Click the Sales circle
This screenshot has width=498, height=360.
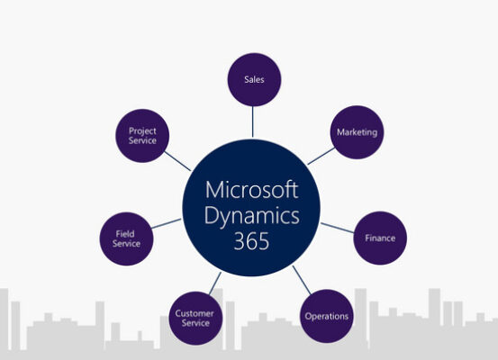pyautogui.click(x=254, y=80)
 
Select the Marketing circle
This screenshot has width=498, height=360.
pyautogui.click(x=357, y=132)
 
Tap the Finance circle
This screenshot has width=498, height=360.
pyautogui.click(x=380, y=238)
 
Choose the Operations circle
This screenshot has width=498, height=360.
pyautogui.click(x=327, y=316)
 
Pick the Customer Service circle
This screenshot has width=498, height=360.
pyautogui.click(x=195, y=318)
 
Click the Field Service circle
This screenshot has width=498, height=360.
pyautogui.click(x=126, y=238)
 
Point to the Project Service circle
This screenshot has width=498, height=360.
pyautogui.click(x=142, y=136)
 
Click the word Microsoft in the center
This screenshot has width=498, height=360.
pyautogui.click(x=251, y=190)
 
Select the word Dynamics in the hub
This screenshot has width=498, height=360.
pyautogui.click(x=251, y=217)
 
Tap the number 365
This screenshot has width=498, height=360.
pyautogui.click(x=251, y=241)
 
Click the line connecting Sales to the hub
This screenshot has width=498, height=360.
pyautogui.click(x=253, y=121)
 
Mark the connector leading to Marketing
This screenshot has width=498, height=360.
pyautogui.click(x=321, y=157)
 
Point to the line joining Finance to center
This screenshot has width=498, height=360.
pyautogui.click(x=338, y=228)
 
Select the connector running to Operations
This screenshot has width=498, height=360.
pyautogui.click(x=302, y=280)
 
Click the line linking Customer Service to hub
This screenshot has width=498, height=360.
pyautogui.click(x=215, y=283)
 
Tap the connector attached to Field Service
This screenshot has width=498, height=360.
pyautogui.click(x=167, y=223)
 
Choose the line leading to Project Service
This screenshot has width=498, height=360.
pyautogui.click(x=177, y=161)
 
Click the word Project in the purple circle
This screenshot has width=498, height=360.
pyautogui.click(x=142, y=131)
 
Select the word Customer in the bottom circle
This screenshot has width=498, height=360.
pyautogui.click(x=195, y=314)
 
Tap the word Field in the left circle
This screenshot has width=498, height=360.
pyautogui.click(x=125, y=234)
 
